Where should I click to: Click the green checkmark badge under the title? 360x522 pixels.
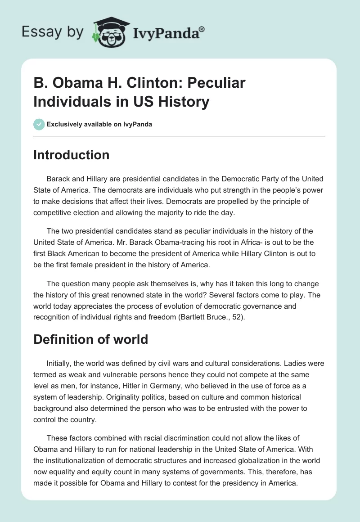point(39,124)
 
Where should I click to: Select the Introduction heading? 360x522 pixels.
point(72,155)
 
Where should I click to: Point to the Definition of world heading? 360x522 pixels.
point(91,339)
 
